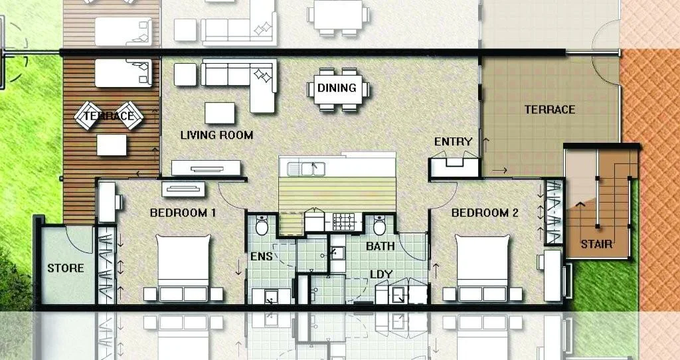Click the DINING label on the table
click(337, 88)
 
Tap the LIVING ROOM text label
click(217, 135)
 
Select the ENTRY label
click(453, 141)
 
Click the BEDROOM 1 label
click(183, 213)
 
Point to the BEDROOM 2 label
click(485, 213)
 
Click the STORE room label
click(66, 268)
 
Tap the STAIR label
click(597, 244)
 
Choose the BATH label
click(381, 246)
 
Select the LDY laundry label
click(381, 274)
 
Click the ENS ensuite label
click(262, 256)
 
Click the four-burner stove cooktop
click(343, 222)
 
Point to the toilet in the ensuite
click(262, 225)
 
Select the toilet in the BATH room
click(379, 225)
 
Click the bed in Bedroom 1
click(183, 268)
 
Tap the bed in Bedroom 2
click(482, 268)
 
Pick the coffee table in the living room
click(220, 113)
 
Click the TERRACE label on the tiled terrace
click(550, 110)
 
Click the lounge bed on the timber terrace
click(124, 73)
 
